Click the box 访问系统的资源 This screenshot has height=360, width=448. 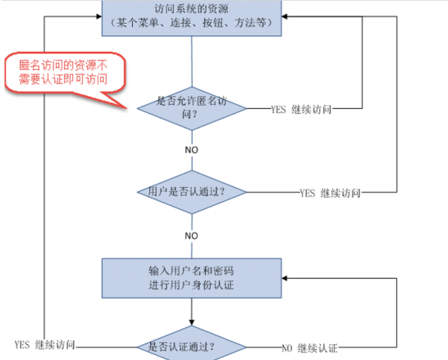coord(192,18)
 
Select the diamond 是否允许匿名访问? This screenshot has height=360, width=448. coord(192,108)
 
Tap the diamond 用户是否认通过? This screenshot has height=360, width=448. coord(192,192)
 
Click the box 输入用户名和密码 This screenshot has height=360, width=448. coord(192,278)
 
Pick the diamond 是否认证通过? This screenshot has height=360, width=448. coord(192,344)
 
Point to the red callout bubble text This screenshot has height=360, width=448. coord(63,72)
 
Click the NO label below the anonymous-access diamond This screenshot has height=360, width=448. coord(191,150)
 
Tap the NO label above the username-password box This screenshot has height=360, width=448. coord(191,236)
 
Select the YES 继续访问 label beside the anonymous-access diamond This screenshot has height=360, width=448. coord(301,109)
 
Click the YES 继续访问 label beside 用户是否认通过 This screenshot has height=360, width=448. coord(330,193)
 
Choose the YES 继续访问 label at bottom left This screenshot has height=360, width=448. coord(45,345)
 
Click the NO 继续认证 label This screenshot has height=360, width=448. coord(309,349)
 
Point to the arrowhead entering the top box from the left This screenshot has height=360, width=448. coord(99,16)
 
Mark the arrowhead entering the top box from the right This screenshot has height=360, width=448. coord(285,16)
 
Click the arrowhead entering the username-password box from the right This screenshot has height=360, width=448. coord(285,278)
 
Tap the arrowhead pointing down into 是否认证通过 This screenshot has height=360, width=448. coord(192,322)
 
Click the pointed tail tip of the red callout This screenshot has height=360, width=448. coord(127,108)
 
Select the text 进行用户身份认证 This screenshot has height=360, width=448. coord(191,285)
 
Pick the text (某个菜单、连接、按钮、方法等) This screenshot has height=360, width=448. coord(192,23)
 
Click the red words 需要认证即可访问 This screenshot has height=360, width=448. coord(63,79)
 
